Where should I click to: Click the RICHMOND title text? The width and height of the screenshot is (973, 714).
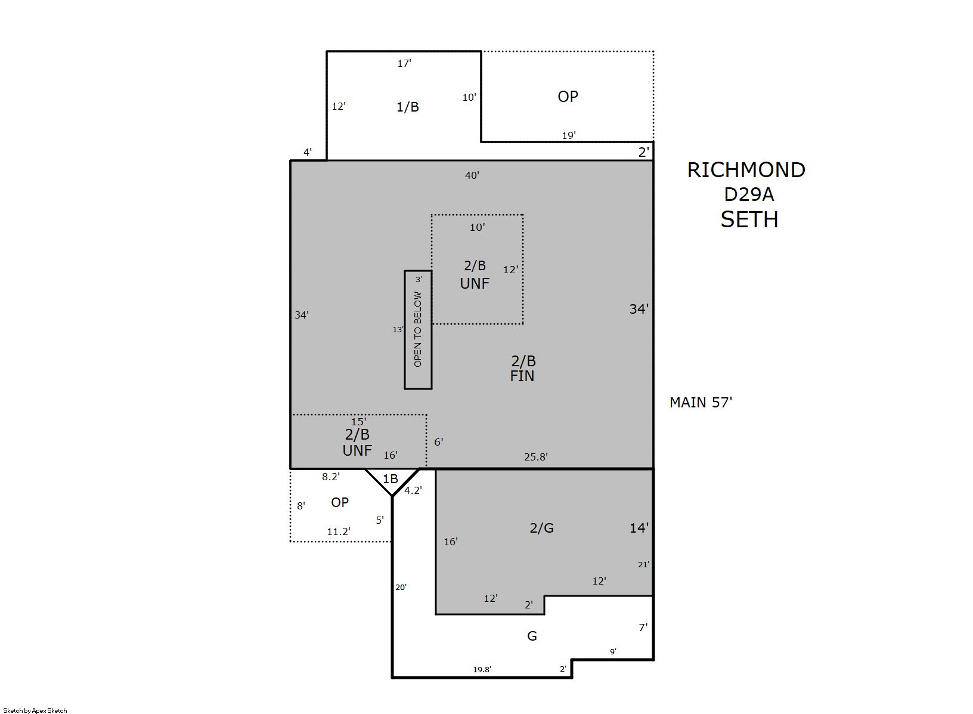[x=746, y=170]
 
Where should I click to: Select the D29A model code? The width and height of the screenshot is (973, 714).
[x=749, y=194]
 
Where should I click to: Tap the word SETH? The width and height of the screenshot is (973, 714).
[x=749, y=220]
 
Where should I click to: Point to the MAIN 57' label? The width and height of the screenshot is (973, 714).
[x=701, y=403]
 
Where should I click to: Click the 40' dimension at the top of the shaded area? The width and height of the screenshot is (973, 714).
[x=472, y=175]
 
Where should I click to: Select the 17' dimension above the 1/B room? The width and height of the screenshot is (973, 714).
[x=404, y=63]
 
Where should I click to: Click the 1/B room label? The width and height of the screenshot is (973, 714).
[x=407, y=107]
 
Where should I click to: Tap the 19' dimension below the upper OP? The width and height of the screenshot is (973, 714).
[x=569, y=135]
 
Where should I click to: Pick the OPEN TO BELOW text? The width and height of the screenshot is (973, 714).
[x=417, y=329]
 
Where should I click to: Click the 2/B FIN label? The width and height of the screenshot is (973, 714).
[x=522, y=369]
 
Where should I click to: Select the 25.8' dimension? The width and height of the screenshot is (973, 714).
[x=535, y=457]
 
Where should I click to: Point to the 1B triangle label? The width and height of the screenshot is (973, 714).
[x=390, y=478]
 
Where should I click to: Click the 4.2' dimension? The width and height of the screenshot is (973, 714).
[x=413, y=490]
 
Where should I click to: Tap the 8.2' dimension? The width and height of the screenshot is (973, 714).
[x=330, y=477]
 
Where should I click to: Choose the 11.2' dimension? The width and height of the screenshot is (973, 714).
[x=339, y=531]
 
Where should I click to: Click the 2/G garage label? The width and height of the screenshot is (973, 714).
[x=541, y=528]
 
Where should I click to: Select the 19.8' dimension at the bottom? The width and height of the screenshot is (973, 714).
[x=482, y=670]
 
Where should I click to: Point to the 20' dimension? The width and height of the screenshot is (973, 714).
[x=401, y=588]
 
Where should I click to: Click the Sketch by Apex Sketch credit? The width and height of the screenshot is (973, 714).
[x=35, y=710]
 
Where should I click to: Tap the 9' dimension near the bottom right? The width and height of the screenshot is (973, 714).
[x=613, y=651]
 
